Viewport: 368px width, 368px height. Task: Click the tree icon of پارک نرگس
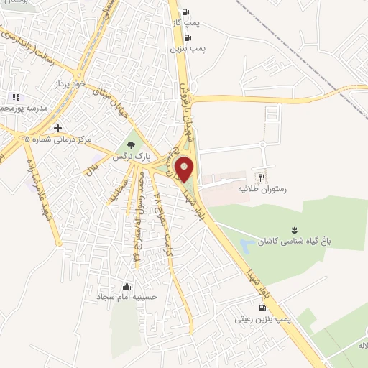[x=130, y=144]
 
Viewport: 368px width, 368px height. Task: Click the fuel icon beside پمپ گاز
[x=186, y=11]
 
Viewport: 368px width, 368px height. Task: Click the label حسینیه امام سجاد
[x=128, y=296]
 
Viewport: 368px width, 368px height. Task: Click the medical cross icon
[x=57, y=126]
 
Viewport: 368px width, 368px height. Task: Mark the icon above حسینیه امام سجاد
[x=128, y=286]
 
